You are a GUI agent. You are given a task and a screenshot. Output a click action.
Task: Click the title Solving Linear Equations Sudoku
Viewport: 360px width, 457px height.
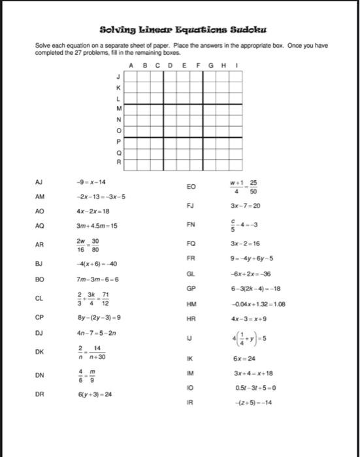click(x=183, y=30)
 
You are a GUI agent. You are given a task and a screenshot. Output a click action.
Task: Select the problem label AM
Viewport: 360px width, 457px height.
click(x=40, y=196)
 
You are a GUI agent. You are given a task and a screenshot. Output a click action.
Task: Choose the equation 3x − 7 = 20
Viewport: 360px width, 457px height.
click(x=244, y=205)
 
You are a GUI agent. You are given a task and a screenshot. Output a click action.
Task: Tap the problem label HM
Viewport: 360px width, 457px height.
click(x=191, y=304)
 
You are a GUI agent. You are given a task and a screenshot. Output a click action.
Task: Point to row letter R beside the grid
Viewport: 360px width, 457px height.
click(x=118, y=161)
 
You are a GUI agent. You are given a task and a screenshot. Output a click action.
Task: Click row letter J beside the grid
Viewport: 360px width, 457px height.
click(x=118, y=76)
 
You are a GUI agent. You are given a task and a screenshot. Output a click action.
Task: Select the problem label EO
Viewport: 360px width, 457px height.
click(x=191, y=187)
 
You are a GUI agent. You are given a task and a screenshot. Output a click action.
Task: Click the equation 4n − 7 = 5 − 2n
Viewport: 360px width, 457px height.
click(x=96, y=333)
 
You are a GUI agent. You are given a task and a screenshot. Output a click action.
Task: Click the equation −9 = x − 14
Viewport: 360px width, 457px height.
click(x=91, y=183)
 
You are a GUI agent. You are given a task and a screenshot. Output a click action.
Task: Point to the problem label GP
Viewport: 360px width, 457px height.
click(x=191, y=288)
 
